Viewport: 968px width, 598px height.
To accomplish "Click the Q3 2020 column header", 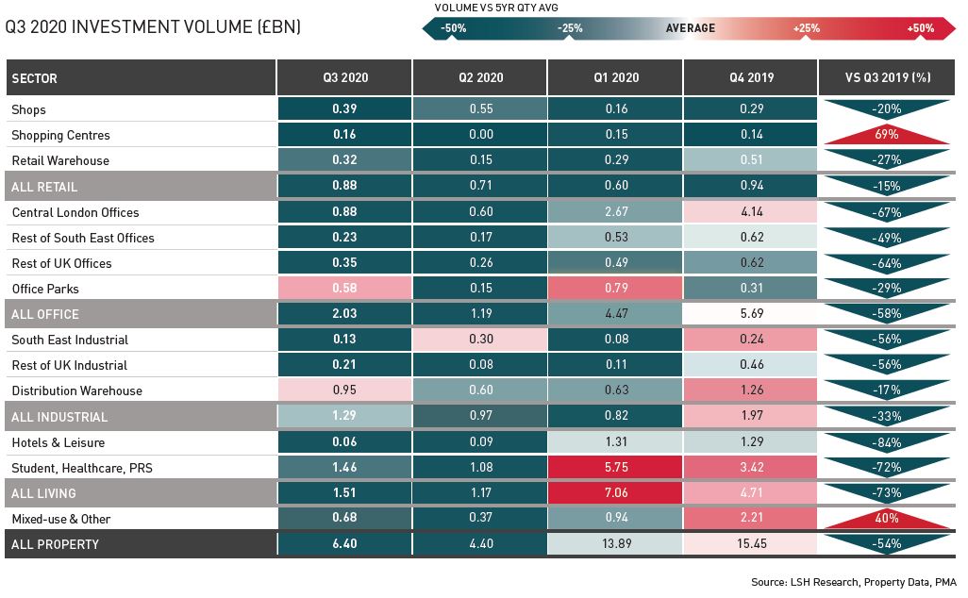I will click(x=344, y=77).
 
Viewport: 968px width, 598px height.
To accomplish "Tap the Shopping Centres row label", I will click(x=60, y=135).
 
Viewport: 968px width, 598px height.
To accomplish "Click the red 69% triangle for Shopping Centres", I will click(x=886, y=136).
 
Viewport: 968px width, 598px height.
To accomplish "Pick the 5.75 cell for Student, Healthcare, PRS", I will click(x=614, y=467).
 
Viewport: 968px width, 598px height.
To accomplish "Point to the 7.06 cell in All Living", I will click(x=614, y=492).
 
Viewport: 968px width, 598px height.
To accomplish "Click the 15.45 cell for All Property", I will click(x=750, y=544).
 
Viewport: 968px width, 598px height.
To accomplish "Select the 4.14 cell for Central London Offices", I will click(x=750, y=212).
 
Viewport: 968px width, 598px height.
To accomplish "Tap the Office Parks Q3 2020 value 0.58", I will click(x=344, y=289).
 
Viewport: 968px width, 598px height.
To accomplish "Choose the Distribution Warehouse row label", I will click(x=76, y=390).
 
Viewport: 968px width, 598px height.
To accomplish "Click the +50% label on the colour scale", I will click(x=920, y=28).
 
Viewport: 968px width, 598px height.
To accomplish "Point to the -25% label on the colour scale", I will click(x=570, y=28).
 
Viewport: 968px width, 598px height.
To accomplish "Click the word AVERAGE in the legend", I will click(x=690, y=28).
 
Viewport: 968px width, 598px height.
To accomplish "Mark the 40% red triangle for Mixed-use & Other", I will click(x=886, y=519).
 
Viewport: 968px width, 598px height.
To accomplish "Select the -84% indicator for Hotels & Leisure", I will click(x=886, y=441).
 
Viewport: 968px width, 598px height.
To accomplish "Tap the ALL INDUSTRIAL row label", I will click(x=59, y=416).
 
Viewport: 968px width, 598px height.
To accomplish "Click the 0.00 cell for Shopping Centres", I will click(x=479, y=135).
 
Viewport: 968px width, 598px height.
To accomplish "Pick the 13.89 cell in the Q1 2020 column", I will click(x=614, y=544).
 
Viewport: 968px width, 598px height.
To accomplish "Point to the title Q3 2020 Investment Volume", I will click(x=153, y=27).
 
